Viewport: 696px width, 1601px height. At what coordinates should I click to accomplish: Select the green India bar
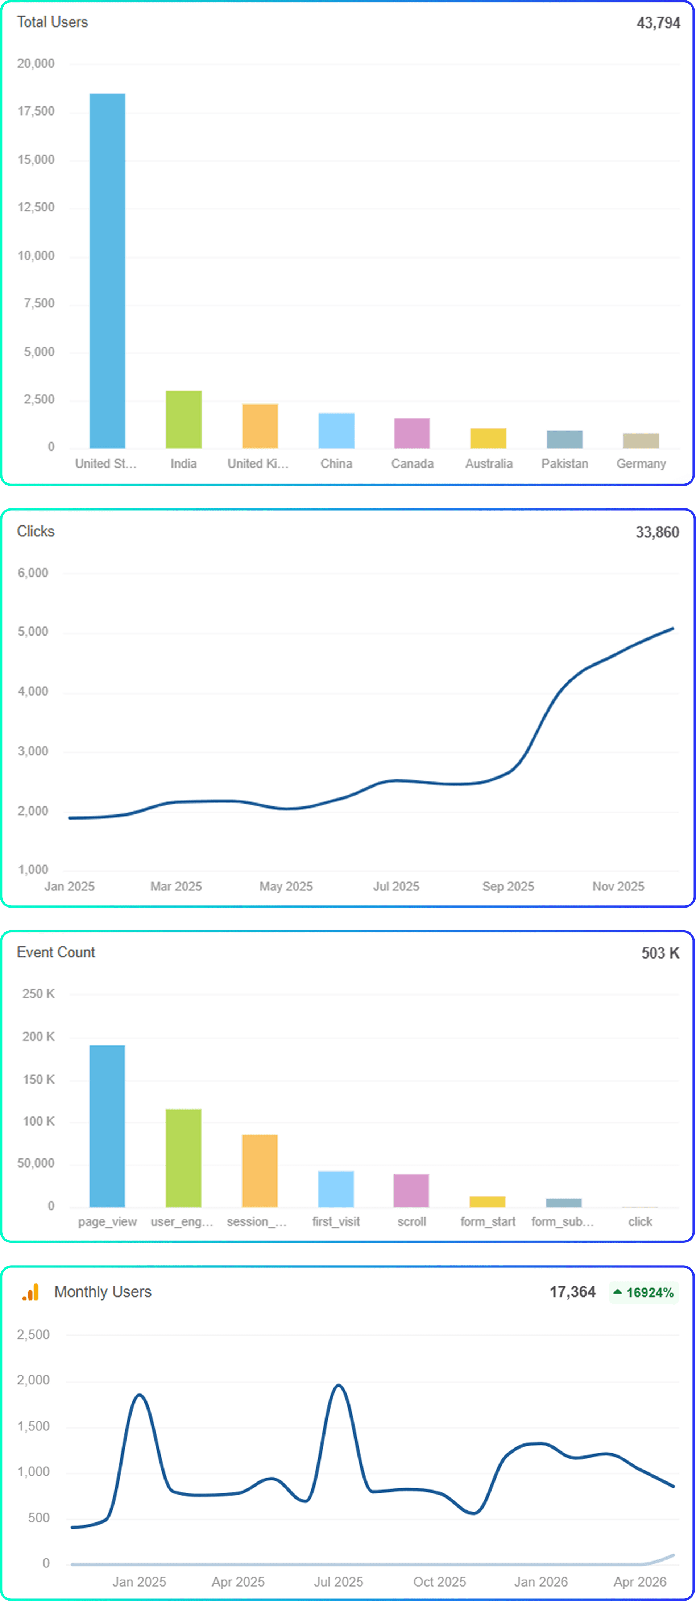coord(183,419)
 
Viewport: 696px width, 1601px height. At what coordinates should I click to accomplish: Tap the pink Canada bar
coord(412,433)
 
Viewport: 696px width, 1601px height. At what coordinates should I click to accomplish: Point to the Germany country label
coord(641,464)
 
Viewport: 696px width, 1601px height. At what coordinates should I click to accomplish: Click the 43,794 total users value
coord(658,23)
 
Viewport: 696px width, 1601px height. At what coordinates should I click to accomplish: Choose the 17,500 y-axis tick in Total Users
coord(36,111)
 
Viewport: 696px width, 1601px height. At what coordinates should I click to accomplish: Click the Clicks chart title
coord(36,531)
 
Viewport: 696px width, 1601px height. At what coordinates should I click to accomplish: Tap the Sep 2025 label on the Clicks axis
coord(508,886)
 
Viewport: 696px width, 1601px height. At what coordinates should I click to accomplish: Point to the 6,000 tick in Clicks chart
coord(33,573)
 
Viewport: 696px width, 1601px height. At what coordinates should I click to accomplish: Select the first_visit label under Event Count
coord(336,1222)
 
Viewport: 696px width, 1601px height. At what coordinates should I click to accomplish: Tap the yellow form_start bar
coord(488,1202)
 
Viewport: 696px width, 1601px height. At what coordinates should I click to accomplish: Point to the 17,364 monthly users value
coord(572,1292)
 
